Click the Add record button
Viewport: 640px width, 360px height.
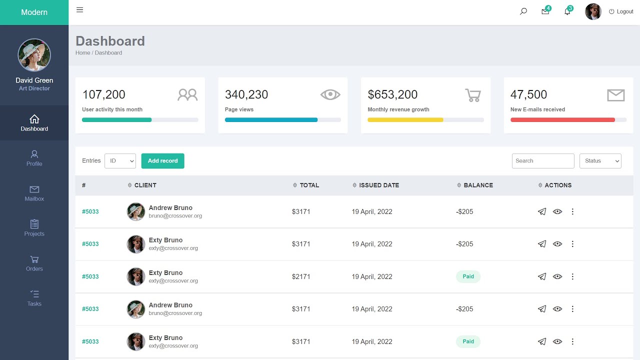click(162, 161)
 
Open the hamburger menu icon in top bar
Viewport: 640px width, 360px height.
click(79, 10)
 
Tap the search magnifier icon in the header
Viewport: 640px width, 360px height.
click(523, 11)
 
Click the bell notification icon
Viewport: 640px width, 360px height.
click(567, 11)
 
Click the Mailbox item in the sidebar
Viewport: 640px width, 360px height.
click(34, 193)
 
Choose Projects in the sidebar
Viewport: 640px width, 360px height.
click(34, 228)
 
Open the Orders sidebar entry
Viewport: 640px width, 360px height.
click(34, 263)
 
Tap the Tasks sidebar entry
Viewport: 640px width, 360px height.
click(34, 298)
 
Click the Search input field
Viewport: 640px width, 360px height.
click(542, 161)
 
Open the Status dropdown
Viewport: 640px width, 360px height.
click(600, 161)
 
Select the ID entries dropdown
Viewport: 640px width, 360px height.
click(120, 161)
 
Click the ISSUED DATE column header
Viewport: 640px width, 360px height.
click(378, 185)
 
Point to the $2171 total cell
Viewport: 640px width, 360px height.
click(301, 276)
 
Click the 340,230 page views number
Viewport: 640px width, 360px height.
click(246, 94)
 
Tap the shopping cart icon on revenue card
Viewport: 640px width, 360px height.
click(472, 95)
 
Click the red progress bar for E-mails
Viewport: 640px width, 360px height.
click(562, 120)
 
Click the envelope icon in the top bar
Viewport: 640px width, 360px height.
click(545, 11)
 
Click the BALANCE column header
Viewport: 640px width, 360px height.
click(478, 185)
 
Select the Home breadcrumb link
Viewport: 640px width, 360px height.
click(82, 53)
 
